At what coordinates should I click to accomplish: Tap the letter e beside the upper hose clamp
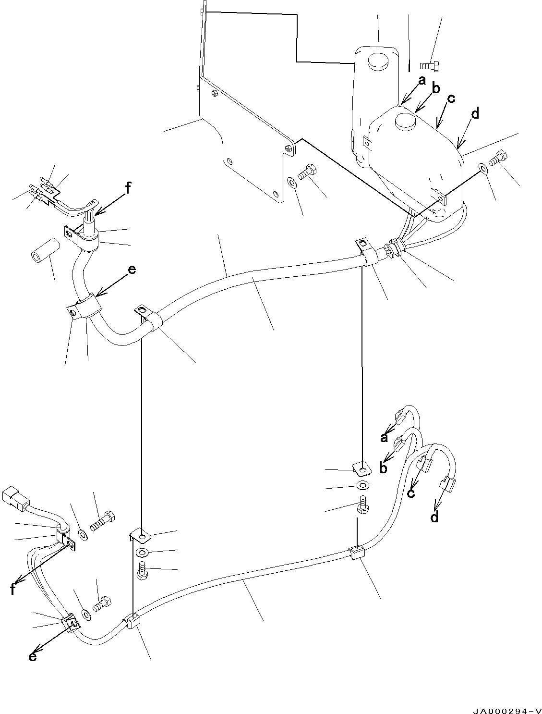click(131, 270)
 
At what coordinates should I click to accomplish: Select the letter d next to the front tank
click(475, 114)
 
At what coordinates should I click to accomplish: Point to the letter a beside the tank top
click(422, 81)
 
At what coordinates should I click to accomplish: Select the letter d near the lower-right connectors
click(434, 518)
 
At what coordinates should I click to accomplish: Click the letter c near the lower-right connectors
click(411, 493)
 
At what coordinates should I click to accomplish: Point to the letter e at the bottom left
click(32, 656)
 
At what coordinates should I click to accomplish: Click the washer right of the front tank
click(482, 168)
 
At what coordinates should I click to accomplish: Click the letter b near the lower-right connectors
click(383, 468)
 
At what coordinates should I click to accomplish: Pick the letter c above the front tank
click(450, 98)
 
